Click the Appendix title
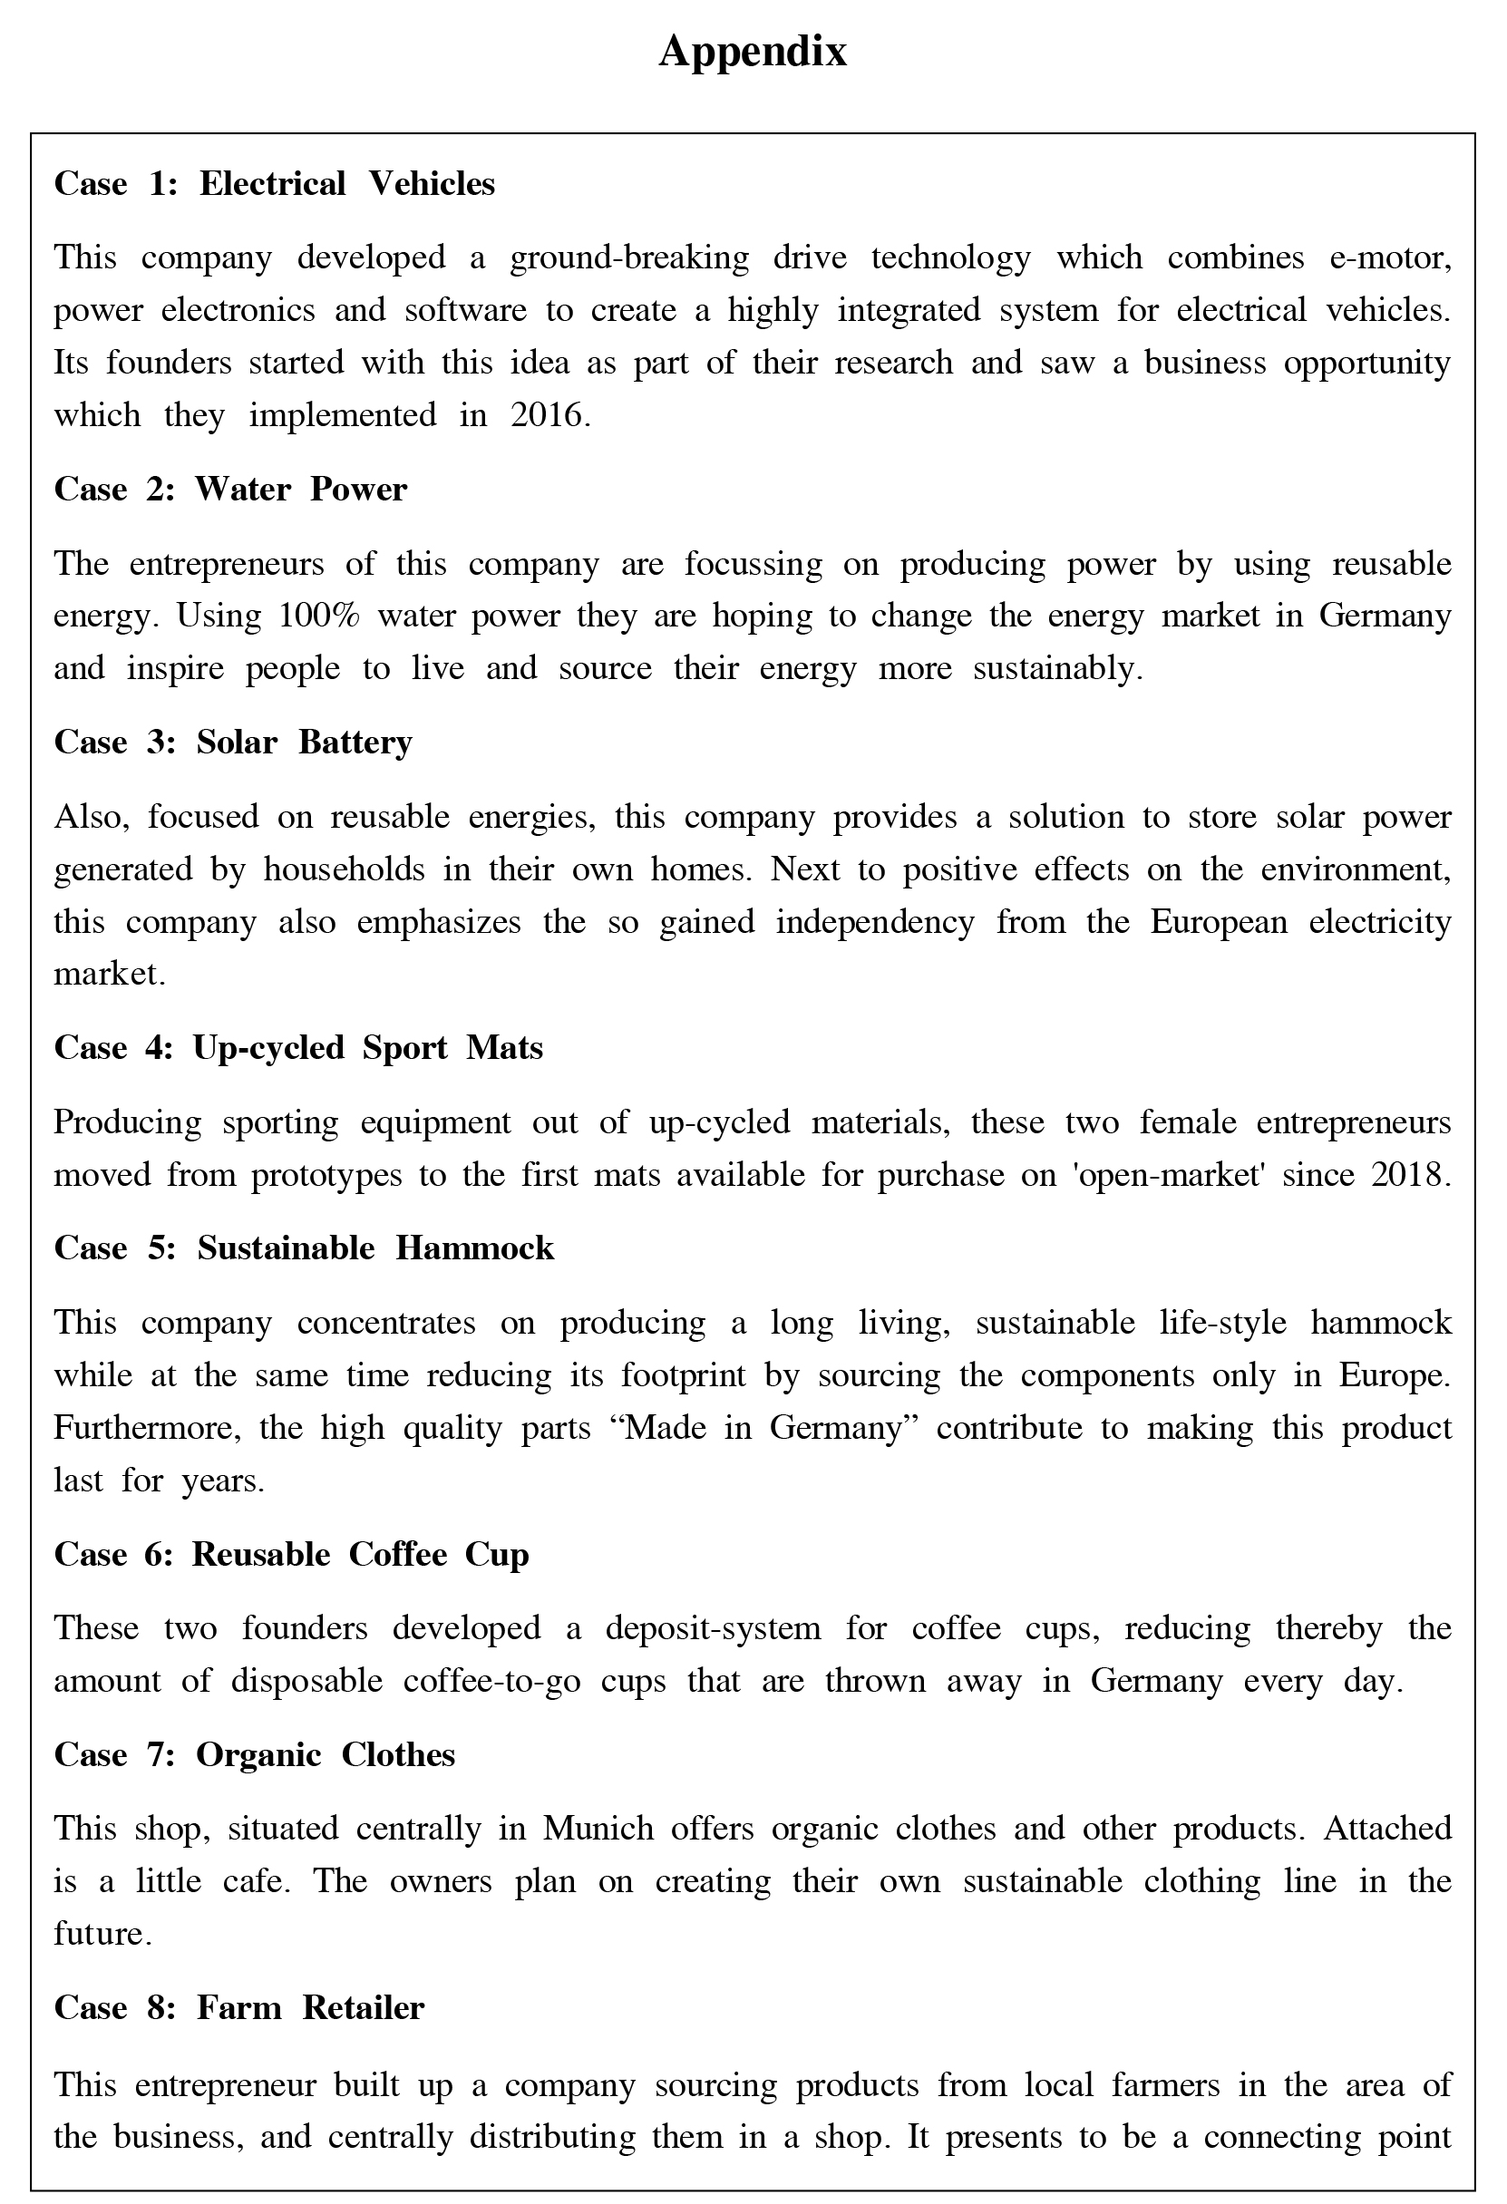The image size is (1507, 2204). [x=752, y=53]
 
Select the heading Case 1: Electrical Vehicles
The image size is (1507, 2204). [x=274, y=183]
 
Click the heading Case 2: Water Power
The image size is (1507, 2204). [x=230, y=490]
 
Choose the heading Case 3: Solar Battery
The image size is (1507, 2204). [x=232, y=742]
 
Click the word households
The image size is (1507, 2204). [x=345, y=869]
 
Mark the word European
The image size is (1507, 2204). [x=1219, y=922]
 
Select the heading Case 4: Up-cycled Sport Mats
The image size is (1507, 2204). [x=297, y=1048]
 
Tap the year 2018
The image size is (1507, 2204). [x=1410, y=1175]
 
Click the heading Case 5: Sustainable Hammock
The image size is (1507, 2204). [x=304, y=1248]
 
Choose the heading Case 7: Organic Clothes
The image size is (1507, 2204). [x=254, y=1754]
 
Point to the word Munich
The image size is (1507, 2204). [x=598, y=1829]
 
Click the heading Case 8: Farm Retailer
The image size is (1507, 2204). [x=239, y=2007]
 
